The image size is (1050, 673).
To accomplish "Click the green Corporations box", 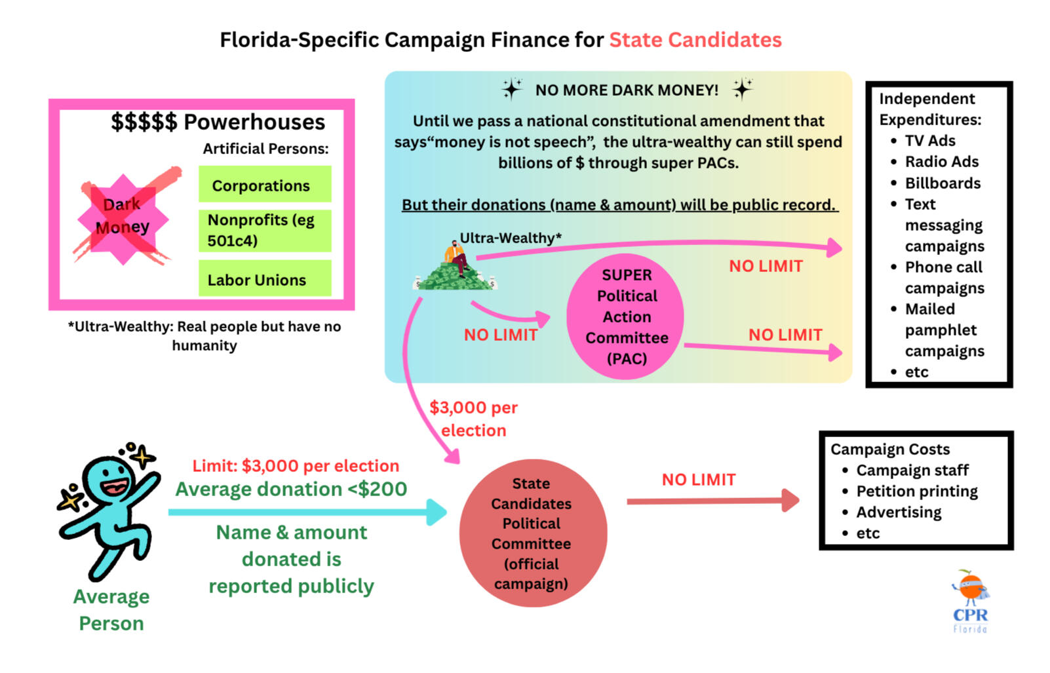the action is click(265, 184).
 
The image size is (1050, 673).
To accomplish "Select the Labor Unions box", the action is click(265, 279).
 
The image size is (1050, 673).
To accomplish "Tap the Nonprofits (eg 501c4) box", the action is click(265, 231).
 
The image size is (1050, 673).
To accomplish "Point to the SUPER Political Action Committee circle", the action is click(625, 317).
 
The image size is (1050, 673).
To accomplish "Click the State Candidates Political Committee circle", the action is click(533, 533).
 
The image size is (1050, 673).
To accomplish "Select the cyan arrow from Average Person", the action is click(307, 512).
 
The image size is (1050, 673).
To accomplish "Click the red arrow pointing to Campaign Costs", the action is click(713, 501).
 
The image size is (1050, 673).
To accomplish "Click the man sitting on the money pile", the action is click(457, 258).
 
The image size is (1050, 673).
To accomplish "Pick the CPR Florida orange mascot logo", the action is click(970, 602).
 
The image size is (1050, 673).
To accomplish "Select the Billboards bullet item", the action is click(935, 183).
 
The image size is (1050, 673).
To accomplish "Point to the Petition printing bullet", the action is click(909, 491).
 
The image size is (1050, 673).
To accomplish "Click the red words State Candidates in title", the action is click(695, 40).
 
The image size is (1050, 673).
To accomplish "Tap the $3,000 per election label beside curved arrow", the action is click(473, 419).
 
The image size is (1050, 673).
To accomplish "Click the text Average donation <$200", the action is click(291, 489).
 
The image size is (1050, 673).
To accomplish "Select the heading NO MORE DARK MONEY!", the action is click(627, 90).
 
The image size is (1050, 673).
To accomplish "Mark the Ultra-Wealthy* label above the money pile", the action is click(511, 238).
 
